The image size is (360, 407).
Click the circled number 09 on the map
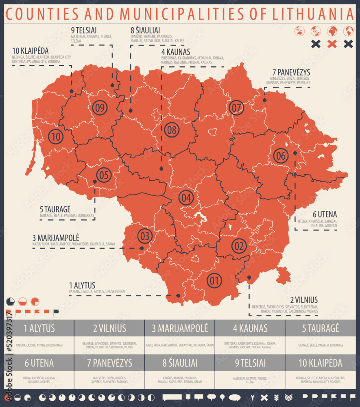100,107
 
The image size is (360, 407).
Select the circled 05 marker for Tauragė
104,175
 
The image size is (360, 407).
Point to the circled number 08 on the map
172,130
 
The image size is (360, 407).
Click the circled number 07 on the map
237,108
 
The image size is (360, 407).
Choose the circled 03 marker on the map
145,236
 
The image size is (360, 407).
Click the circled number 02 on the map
239,246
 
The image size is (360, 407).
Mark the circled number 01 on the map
214,280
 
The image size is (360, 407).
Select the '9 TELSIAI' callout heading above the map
83,30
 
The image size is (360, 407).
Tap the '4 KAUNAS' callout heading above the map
176,52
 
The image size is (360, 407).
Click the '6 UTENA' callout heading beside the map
325,214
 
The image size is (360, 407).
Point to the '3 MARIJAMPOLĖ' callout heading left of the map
56,238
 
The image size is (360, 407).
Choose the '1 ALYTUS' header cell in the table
39,328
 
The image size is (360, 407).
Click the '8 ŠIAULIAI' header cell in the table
180,363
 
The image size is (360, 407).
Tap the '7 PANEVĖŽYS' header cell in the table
109,363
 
